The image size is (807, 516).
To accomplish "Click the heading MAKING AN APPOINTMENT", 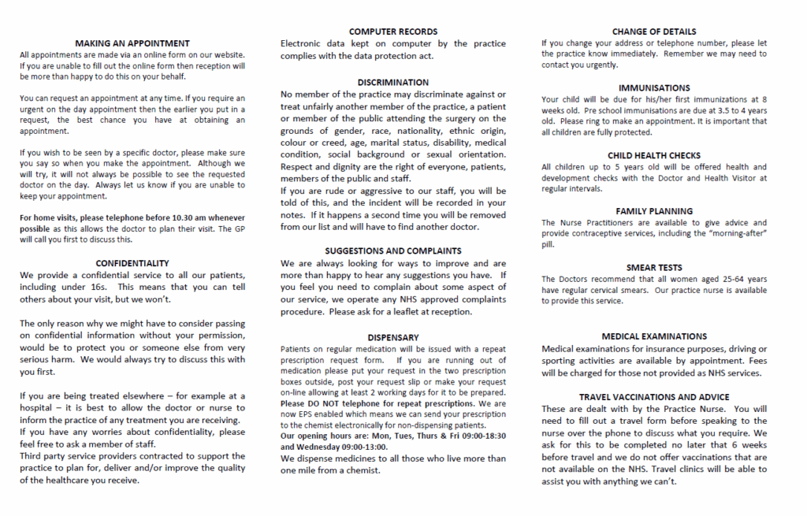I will (132, 43).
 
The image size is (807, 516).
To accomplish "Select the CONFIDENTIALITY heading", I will (132, 262).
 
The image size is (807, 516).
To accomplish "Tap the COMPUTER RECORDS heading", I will (393, 32).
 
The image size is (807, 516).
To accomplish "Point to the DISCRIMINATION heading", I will (393, 82).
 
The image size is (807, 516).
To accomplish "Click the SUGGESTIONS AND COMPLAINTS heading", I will (393, 251).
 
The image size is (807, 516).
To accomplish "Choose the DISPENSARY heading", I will (393, 337).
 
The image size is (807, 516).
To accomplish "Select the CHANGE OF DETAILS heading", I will (654, 32).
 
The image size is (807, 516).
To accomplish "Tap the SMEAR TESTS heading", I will (654, 268).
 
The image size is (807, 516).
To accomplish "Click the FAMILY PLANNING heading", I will (654, 211).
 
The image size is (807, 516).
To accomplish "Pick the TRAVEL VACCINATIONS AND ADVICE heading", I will (654, 397).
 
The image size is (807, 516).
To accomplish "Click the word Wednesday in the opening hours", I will (314, 447).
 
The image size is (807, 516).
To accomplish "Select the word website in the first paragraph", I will (227, 55).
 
